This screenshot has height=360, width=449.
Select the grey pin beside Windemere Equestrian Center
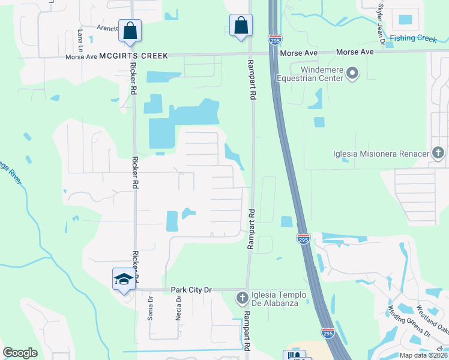pos(352,74)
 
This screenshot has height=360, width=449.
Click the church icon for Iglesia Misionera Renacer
pos(438,153)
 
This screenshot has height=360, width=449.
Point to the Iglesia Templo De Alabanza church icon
pos(242,298)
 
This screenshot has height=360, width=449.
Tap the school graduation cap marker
pos(123,280)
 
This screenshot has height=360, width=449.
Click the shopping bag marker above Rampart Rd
pos(241,25)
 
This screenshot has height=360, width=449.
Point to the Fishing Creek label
pos(413,38)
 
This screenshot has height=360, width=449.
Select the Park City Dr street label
pos(192,290)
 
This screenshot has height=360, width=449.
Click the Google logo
pos(20,353)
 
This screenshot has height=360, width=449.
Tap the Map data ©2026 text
pos(423,355)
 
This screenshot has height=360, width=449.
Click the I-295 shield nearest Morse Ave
pos(274,40)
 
